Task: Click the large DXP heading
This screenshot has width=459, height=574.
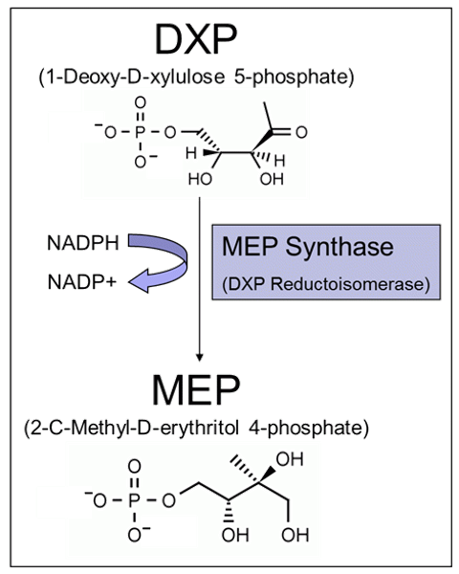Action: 196,39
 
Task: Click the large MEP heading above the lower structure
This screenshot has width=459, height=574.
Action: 196,390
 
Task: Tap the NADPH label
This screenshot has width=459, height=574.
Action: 83,243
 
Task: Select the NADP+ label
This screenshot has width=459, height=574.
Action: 82,282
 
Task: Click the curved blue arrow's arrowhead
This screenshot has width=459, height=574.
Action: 140,281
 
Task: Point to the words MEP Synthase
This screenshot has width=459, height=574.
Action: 308,247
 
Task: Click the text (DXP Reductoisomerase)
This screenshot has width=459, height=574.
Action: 326,284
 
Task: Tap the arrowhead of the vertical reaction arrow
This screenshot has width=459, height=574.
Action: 200,357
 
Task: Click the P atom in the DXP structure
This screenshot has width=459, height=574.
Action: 141,132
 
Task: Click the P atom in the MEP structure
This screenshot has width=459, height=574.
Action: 134,500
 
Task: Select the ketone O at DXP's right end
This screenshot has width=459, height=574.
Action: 301,132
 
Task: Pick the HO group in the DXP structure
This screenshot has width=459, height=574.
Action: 200,179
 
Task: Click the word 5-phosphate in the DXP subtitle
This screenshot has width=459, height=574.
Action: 294,77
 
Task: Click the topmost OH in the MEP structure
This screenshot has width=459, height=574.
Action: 290,459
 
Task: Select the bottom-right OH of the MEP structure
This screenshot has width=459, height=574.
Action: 295,535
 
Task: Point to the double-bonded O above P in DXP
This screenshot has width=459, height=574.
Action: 141,103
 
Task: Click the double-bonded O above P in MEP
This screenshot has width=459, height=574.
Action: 134,467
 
